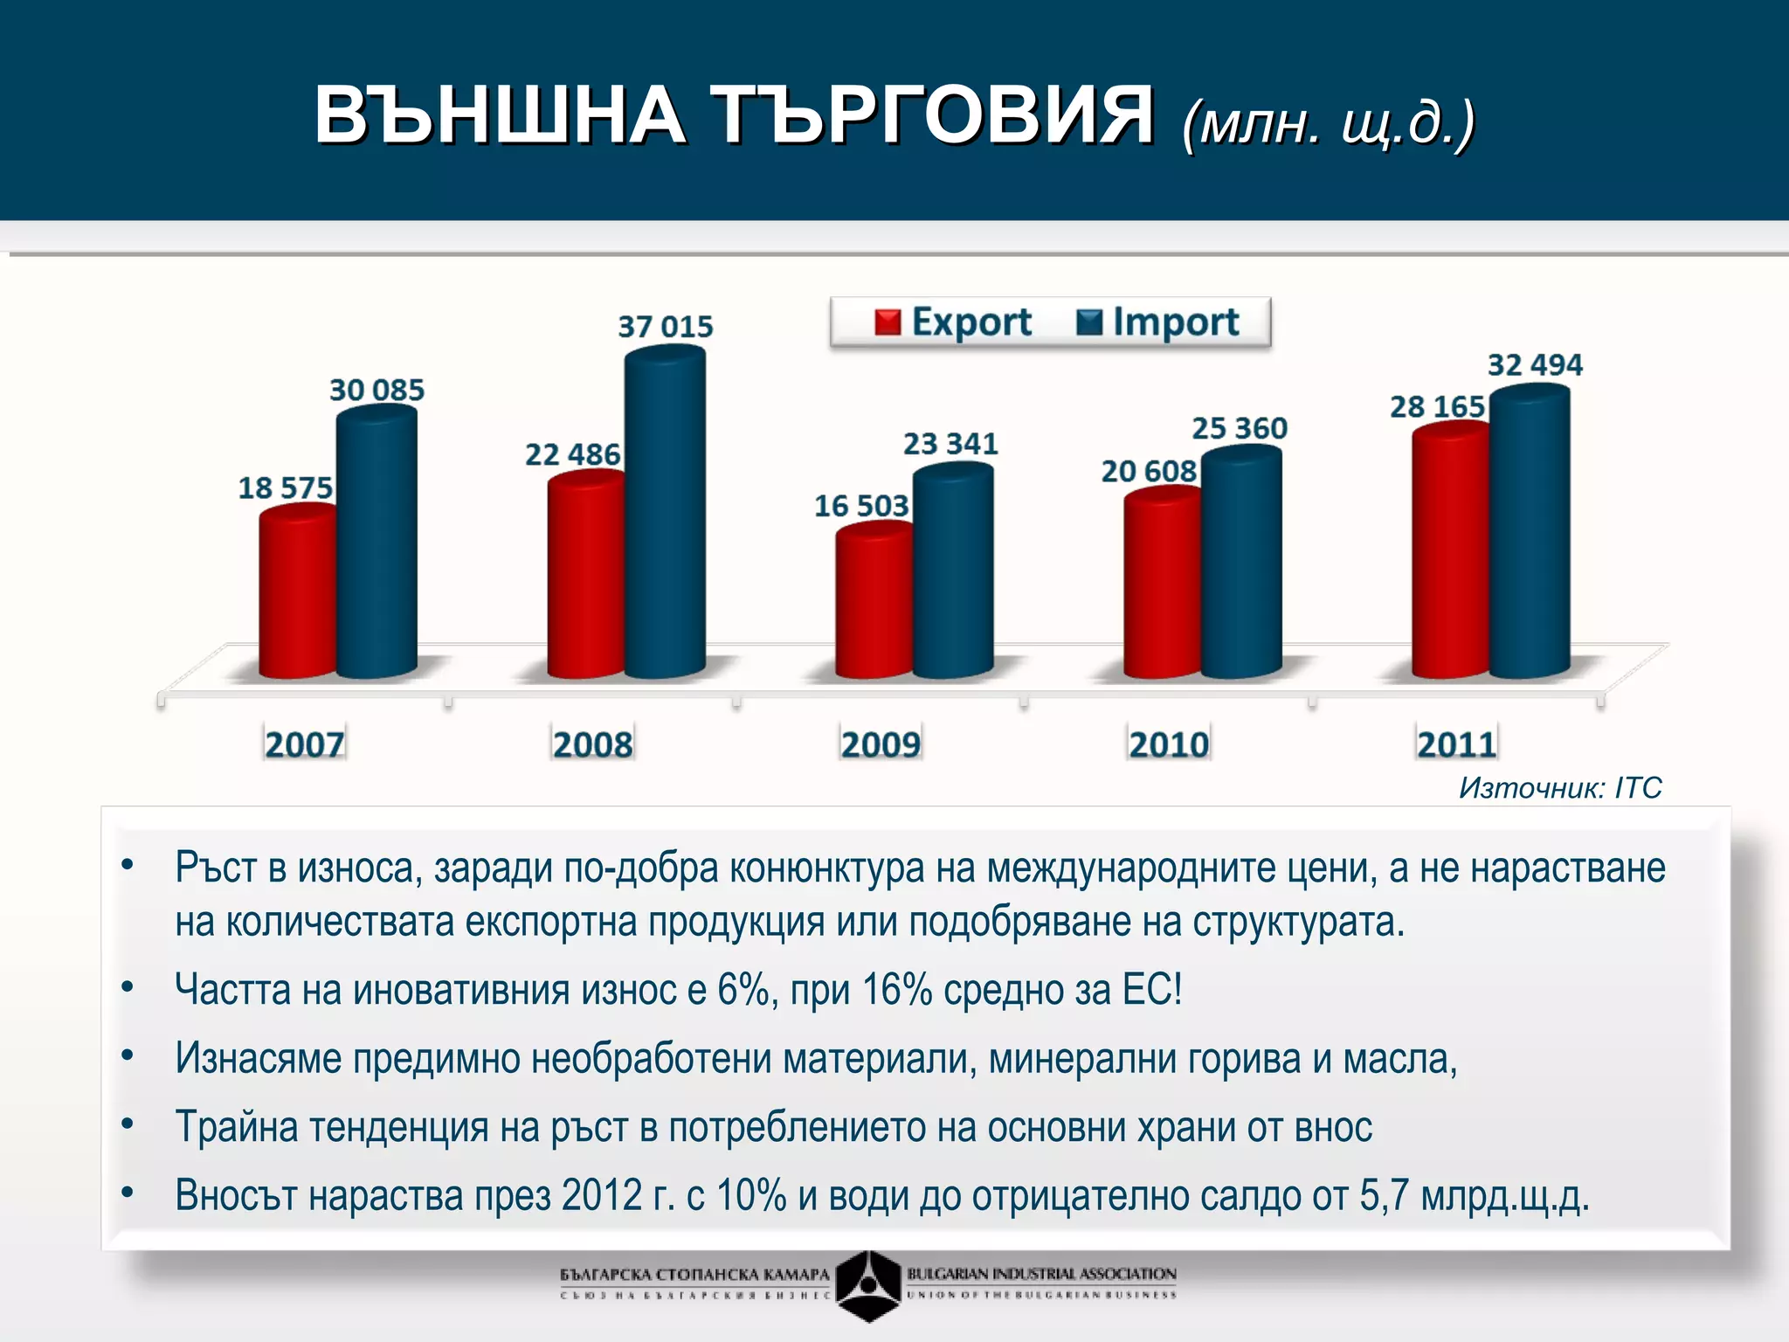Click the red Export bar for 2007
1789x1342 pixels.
[x=297, y=594]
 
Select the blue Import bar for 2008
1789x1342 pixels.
[x=666, y=515]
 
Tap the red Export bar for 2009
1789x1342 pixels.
[x=874, y=603]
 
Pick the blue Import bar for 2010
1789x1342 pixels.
[x=1241, y=564]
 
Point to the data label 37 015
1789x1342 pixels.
[x=666, y=327]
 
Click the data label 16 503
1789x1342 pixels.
[x=861, y=506]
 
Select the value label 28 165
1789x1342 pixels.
[x=1437, y=407]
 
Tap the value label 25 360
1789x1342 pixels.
[x=1240, y=428]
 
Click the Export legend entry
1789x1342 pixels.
[x=954, y=322]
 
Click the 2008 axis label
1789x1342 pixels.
[x=592, y=744]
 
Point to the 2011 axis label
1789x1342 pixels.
[x=1456, y=744]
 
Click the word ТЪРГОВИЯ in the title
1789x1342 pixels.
[x=932, y=116]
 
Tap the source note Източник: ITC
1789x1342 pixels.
[x=1560, y=788]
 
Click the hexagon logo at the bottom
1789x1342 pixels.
[x=868, y=1284]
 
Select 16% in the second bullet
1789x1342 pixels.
[x=896, y=991]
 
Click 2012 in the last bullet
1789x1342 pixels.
[x=602, y=1195]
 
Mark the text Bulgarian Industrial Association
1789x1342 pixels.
[x=1041, y=1274]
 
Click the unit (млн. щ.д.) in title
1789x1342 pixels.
[x=1328, y=122]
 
